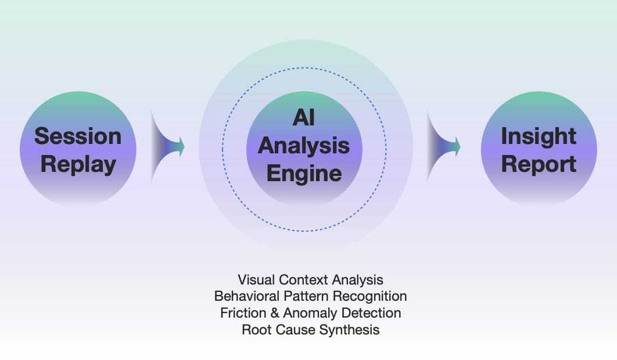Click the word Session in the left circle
click(78, 136)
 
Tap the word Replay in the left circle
click(78, 164)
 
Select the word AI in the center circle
click(304, 118)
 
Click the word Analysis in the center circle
click(304, 145)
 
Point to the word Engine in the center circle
click(304, 173)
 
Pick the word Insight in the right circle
click(539, 136)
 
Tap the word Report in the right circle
click(539, 164)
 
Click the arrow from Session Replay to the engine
click(168, 146)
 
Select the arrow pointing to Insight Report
click(444, 146)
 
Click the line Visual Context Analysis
click(310, 280)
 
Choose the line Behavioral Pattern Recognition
click(310, 296)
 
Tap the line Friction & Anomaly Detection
click(310, 313)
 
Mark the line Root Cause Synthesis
click(310, 330)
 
